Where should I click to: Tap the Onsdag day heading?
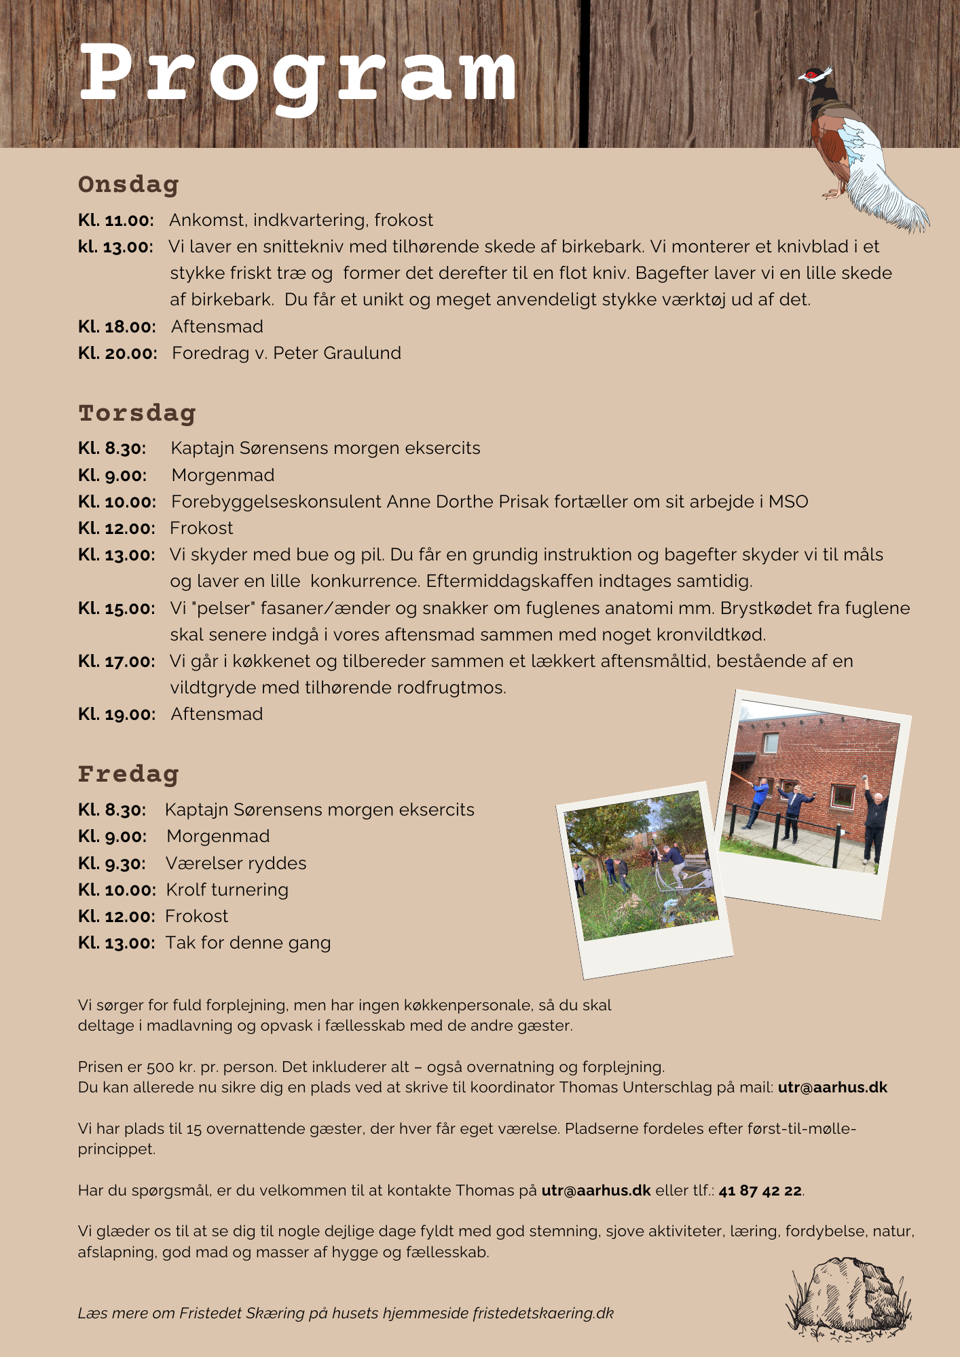(x=128, y=185)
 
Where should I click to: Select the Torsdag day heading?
(x=137, y=413)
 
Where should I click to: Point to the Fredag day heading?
(x=128, y=774)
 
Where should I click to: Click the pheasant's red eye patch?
(x=811, y=75)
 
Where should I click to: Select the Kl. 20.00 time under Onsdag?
(x=117, y=353)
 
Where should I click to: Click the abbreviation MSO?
(x=788, y=502)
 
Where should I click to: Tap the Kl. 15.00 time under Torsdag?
(x=117, y=609)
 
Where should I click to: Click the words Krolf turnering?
(x=227, y=890)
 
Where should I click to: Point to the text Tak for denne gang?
(x=248, y=943)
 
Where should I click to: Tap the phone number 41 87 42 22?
(x=760, y=1191)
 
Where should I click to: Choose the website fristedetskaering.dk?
(x=543, y=1314)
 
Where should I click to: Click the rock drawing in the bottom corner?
(x=849, y=1299)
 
